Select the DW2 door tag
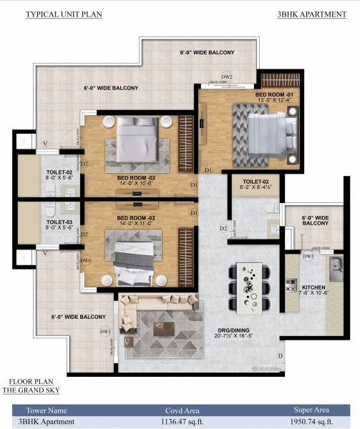click(x=227, y=76)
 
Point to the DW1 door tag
click(x=105, y=331)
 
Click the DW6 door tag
click(x=86, y=260)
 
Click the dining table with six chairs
click(x=250, y=284)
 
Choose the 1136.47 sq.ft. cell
click(x=185, y=421)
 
